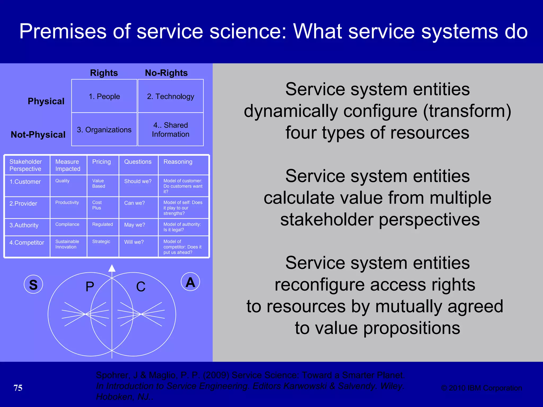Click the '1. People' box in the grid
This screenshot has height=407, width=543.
point(104,96)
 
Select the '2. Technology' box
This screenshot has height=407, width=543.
point(170,96)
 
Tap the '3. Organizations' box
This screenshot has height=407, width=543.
point(104,130)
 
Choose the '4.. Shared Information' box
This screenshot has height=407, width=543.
point(170,130)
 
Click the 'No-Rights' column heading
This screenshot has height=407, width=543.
point(166,73)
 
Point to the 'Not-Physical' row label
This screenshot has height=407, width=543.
point(38,135)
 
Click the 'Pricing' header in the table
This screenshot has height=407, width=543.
point(102,162)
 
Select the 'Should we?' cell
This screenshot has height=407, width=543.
point(138,181)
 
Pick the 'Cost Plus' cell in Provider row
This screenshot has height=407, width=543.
point(97,205)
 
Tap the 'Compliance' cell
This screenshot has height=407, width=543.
point(67,224)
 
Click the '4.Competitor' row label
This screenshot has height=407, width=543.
point(27,243)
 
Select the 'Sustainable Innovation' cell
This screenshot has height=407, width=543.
point(67,244)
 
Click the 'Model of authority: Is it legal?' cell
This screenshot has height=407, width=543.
point(182,227)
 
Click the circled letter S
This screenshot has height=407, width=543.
point(33,285)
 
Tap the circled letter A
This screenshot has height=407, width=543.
point(190,282)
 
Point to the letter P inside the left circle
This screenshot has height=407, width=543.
point(90,287)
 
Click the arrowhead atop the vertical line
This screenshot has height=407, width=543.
point(112,268)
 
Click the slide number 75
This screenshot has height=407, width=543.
point(18,388)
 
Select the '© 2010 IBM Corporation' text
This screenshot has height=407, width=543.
point(481,388)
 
